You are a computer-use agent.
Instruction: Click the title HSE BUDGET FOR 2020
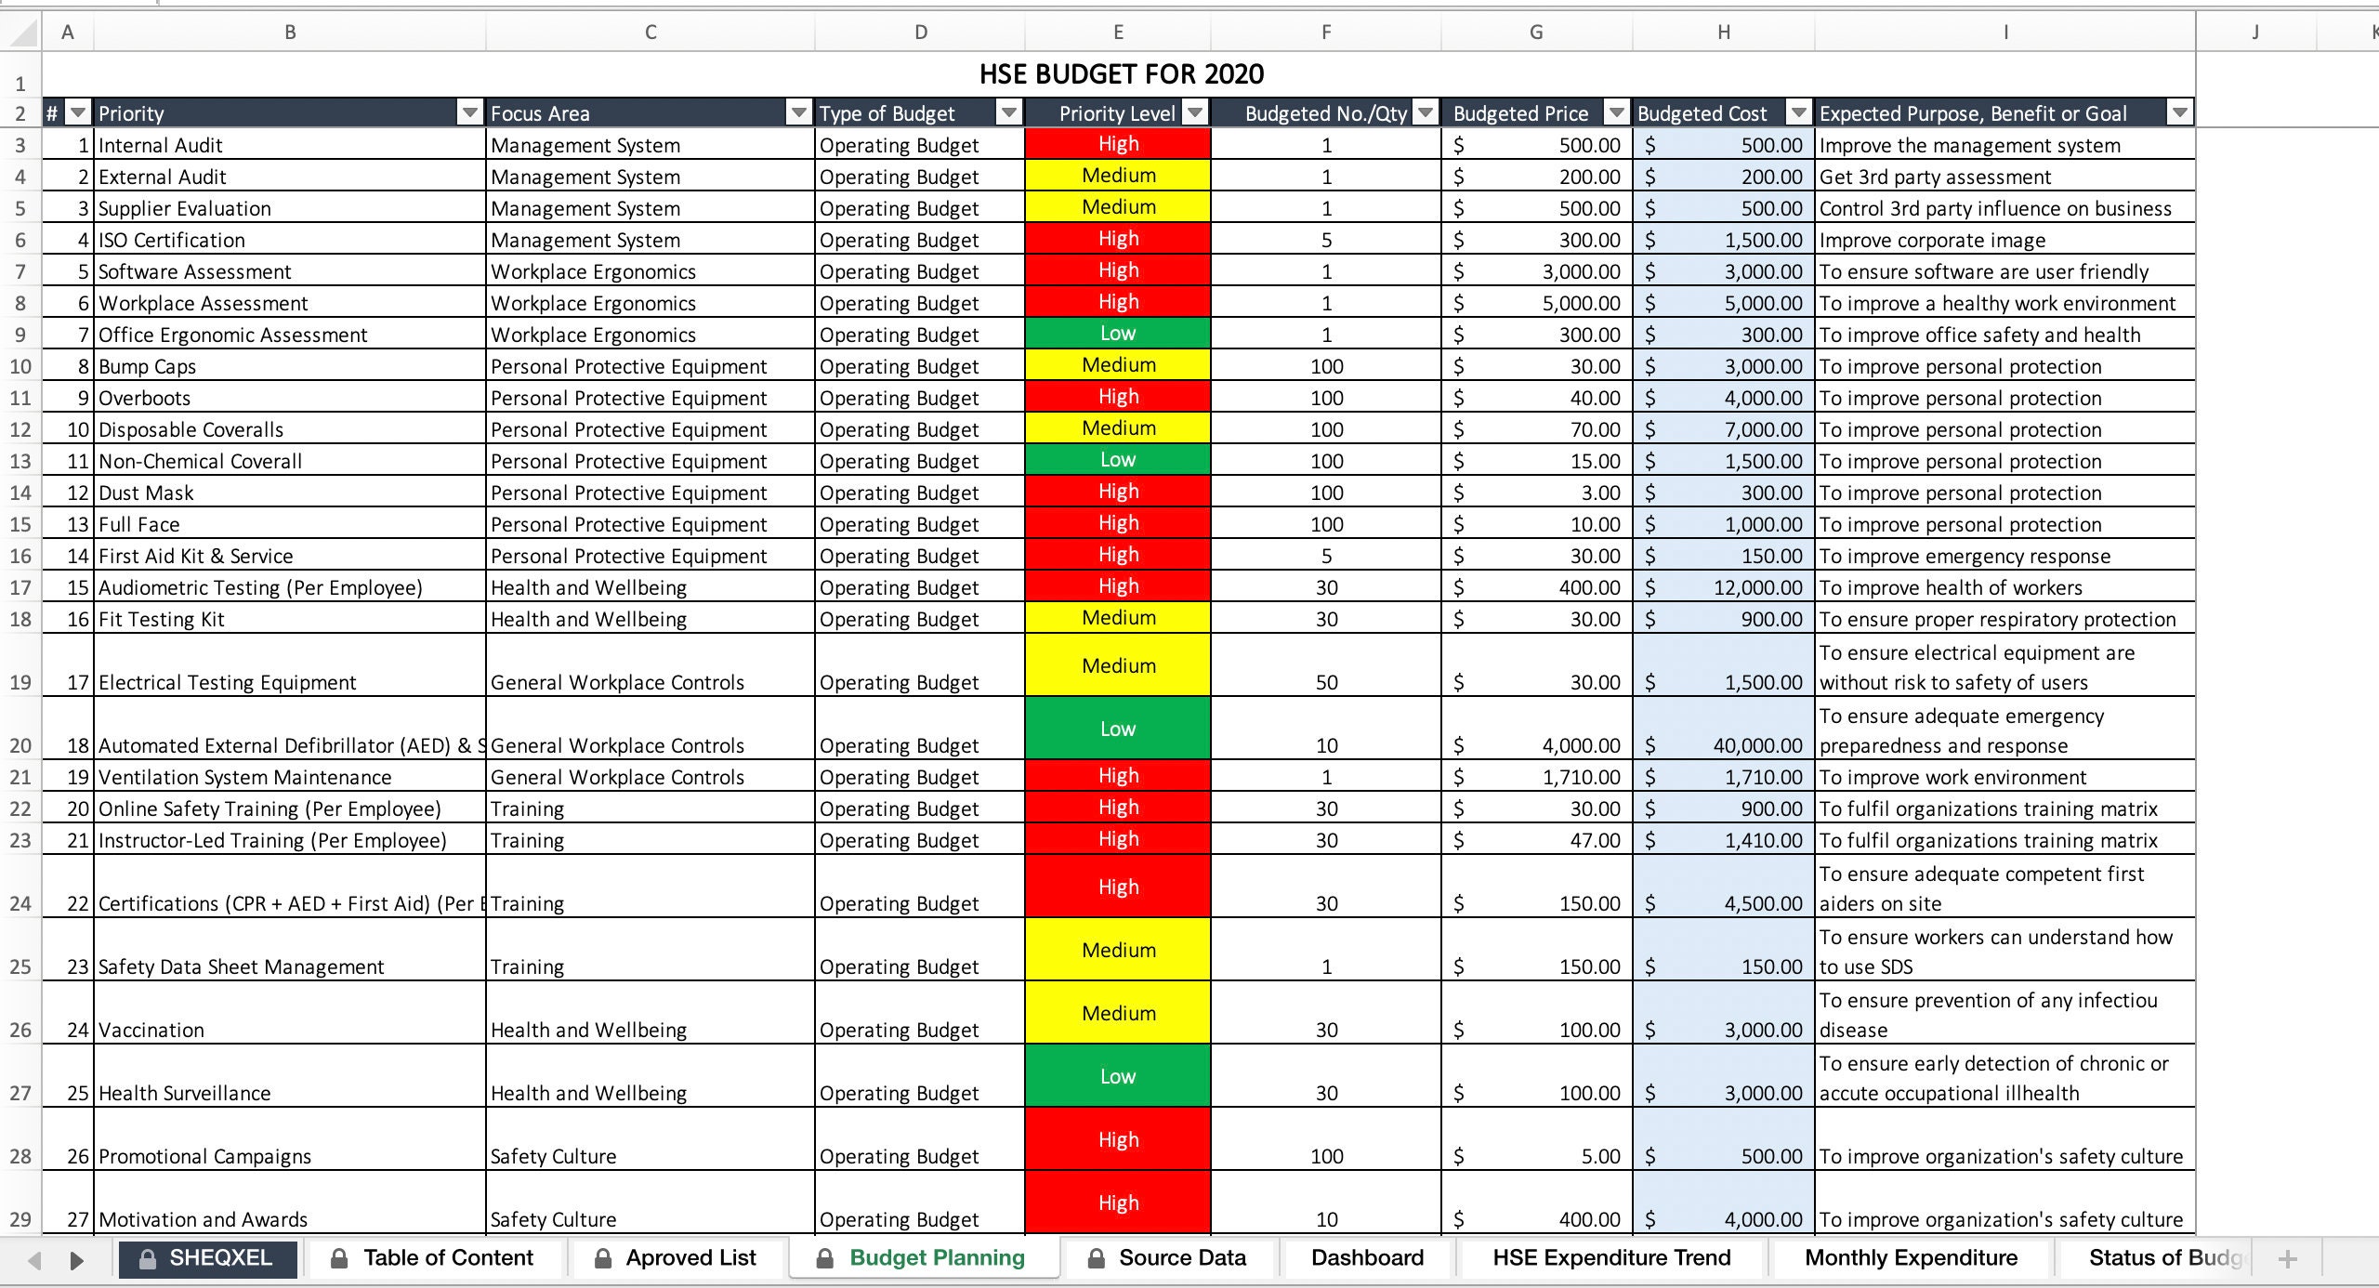pos(1121,74)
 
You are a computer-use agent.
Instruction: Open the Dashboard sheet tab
pos(1367,1258)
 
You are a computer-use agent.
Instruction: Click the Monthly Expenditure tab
pos(1911,1258)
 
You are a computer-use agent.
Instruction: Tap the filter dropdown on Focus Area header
pos(798,113)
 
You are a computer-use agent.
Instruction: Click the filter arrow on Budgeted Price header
pos(1617,113)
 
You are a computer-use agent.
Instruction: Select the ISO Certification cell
pos(172,240)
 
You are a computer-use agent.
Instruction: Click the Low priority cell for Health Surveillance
pos(1117,1076)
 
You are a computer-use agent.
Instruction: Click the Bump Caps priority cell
pos(148,366)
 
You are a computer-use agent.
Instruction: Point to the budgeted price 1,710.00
pos(1581,777)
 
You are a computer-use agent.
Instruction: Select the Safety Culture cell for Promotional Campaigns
pos(554,1156)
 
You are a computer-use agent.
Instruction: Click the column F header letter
pos(1325,33)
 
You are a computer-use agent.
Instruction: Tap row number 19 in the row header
pos(20,682)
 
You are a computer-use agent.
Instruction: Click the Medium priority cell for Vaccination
pos(1117,1013)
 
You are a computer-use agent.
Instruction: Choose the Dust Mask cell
pos(147,493)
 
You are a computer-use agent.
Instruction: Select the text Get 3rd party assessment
pos(1935,177)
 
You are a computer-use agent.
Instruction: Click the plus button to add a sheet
pos(2287,1259)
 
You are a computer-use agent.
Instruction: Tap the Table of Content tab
pos(447,1258)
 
